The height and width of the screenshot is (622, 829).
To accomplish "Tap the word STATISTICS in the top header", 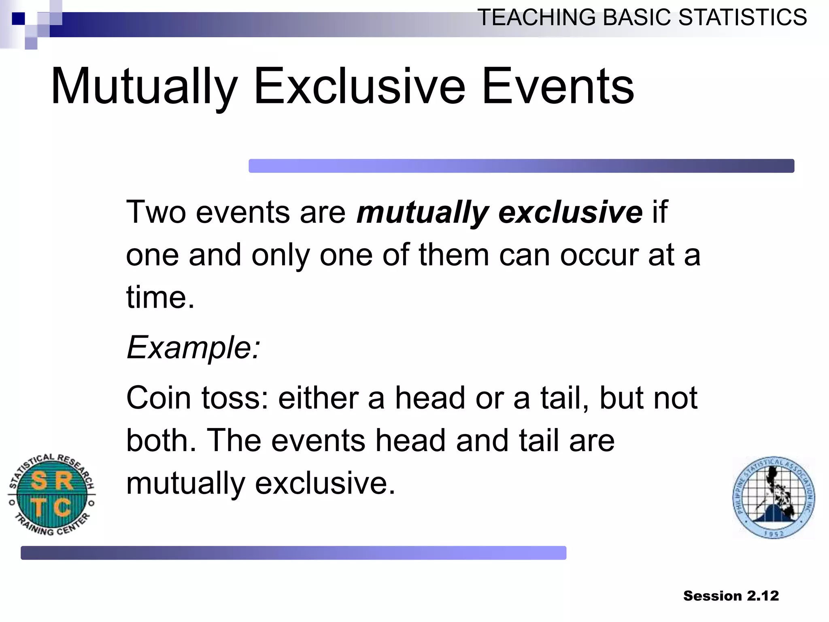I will [742, 18].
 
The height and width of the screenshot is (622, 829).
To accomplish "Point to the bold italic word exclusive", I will [570, 212].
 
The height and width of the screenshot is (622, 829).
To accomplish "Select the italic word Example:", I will [193, 347].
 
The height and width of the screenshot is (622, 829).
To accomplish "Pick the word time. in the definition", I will [160, 297].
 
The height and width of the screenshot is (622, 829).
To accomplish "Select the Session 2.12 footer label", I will [731, 596].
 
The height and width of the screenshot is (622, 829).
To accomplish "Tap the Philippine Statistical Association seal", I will [774, 498].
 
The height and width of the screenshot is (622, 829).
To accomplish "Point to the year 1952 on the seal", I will [774, 534].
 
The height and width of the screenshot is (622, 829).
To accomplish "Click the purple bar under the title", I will [521, 166].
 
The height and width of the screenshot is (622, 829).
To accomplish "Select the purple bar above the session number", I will [293, 553].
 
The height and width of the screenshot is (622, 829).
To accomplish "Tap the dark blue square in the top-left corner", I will [18, 19].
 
